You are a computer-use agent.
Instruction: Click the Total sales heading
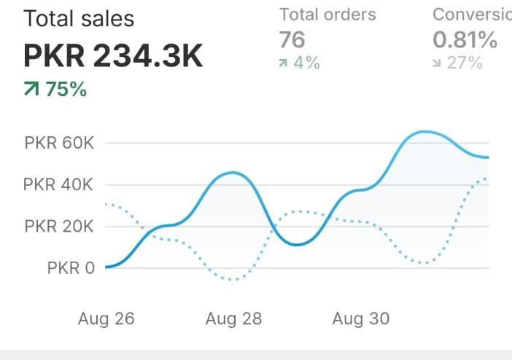coord(79,18)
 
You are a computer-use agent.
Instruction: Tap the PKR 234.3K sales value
coord(113,55)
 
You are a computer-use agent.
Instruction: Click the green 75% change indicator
coord(66,90)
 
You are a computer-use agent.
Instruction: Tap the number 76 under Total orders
coord(292,39)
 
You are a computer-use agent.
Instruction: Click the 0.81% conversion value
coord(465,39)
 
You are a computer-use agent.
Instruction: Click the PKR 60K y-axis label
coord(59,143)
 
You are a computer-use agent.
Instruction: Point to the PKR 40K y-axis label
coord(59,184)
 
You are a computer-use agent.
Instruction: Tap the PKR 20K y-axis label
coord(59,226)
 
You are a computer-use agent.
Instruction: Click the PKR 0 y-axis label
coord(71,267)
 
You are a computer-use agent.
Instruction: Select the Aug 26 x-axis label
coord(106,318)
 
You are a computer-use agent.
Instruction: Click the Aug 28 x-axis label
coord(233,318)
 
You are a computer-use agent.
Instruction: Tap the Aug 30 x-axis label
coord(361,318)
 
